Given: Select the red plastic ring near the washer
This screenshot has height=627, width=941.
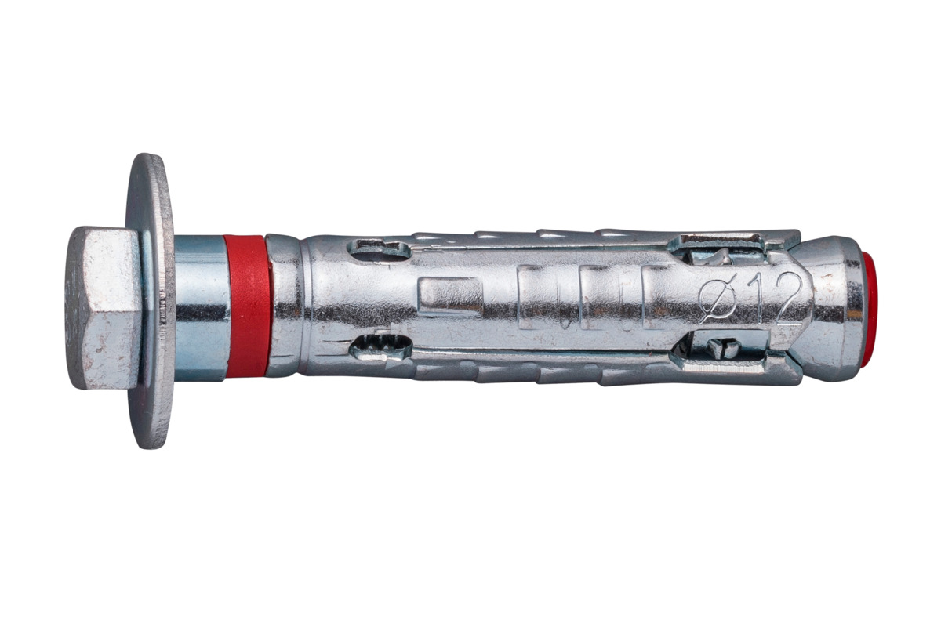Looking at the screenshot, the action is click(x=248, y=306).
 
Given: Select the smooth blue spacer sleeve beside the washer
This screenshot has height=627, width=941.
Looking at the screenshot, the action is click(x=200, y=308).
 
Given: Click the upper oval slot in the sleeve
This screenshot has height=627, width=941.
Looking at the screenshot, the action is click(x=380, y=249).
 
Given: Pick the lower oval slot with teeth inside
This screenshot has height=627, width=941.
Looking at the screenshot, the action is click(x=380, y=346).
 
